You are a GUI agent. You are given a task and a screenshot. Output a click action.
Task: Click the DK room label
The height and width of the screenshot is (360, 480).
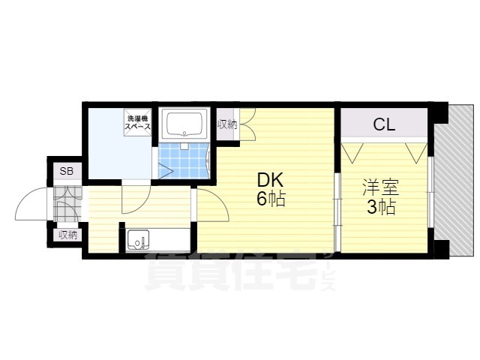[x=270, y=180]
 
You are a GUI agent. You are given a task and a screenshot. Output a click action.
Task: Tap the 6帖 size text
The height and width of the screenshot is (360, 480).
[x=271, y=199]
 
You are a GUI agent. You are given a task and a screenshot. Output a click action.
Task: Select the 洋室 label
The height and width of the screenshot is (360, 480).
[x=380, y=187]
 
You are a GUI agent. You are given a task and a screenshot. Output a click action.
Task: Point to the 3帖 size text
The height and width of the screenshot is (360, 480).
[x=381, y=207]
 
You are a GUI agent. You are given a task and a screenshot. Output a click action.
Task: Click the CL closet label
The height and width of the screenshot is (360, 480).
[x=384, y=124]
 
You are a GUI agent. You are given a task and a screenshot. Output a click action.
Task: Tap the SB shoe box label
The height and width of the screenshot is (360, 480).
[x=67, y=171]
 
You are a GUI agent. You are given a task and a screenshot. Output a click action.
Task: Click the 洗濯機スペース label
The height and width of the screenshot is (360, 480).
[x=137, y=122]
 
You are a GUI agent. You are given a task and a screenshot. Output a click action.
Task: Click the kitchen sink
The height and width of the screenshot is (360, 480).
[x=139, y=239]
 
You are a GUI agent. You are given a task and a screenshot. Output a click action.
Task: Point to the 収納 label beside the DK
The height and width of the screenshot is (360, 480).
[x=227, y=124]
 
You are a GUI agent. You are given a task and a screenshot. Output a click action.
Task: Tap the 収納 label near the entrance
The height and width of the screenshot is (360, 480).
[x=68, y=235]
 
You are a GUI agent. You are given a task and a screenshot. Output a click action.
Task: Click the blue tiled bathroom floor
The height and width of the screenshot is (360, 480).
[x=184, y=160]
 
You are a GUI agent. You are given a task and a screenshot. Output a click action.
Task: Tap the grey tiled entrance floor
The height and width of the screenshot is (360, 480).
[x=67, y=204]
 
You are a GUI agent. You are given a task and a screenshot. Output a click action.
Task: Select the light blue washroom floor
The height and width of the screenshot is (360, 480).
[x=119, y=144]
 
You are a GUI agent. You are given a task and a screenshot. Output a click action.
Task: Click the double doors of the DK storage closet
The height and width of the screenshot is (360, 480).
[x=247, y=124]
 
